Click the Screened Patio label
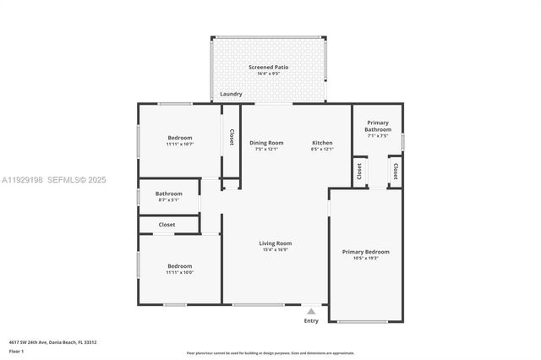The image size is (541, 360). coord(266,67)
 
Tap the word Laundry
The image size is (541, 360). coord(231,94)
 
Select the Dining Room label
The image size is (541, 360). coord(266,143)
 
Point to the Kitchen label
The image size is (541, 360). coord(322,143)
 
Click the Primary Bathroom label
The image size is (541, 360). coord(378,126)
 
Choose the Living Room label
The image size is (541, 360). coord(275,243)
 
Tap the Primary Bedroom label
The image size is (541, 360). coord(365,251)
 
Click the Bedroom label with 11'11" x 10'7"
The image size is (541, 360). coord(179,138)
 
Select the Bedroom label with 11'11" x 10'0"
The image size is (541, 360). coord(179,265)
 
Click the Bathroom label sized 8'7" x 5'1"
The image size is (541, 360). coord(168,194)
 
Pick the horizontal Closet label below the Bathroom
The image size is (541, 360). coord(167,225)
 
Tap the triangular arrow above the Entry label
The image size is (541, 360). coord(311,312)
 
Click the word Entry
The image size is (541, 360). coord(311,321)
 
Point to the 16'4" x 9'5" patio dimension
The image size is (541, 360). coord(266,74)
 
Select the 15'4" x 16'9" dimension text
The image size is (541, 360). coord(275,250)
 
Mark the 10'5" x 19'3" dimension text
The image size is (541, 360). coord(365,259)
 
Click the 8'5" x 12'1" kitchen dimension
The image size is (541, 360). coord(322,150)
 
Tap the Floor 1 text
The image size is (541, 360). coord(17,351)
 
